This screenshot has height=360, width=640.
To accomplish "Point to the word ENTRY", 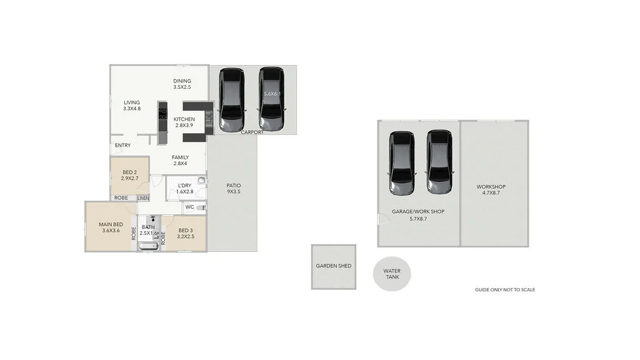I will click(123, 146).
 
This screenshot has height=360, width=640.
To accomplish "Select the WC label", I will click(189, 207).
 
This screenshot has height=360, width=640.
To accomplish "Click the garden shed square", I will click(333, 266).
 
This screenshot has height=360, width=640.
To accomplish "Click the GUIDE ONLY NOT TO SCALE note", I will click(505, 290).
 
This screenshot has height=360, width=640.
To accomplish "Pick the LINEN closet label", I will click(143, 198).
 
